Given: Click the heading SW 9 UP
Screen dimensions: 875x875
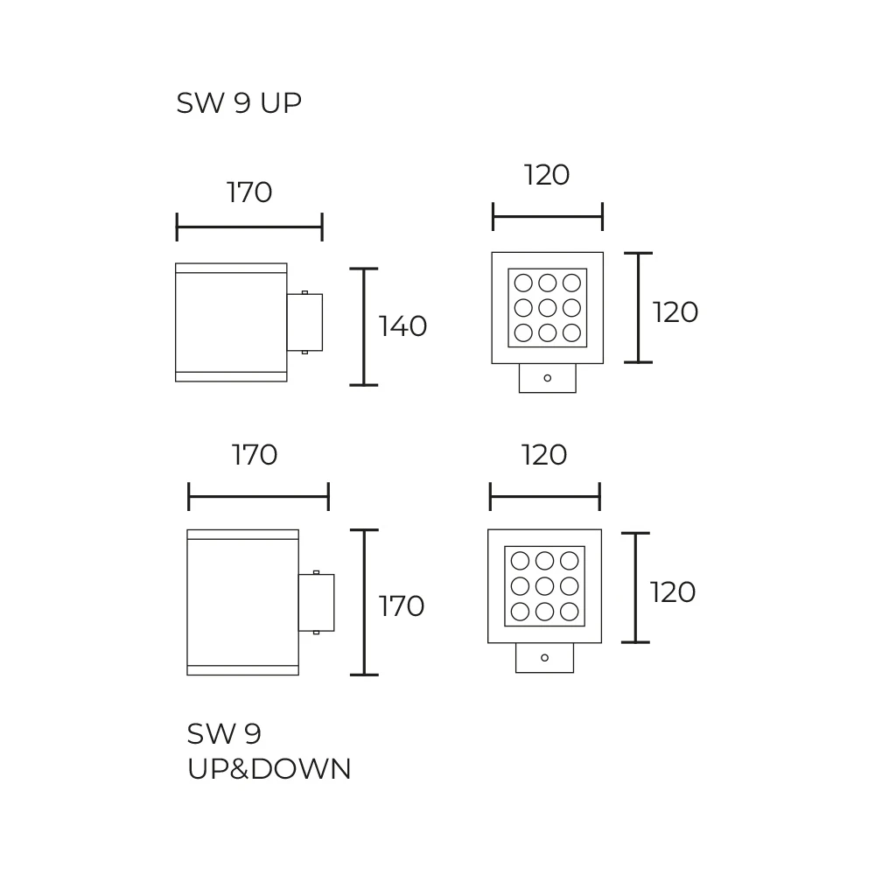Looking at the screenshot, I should click(x=239, y=103).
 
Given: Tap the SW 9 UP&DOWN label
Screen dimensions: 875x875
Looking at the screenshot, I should click(x=269, y=751).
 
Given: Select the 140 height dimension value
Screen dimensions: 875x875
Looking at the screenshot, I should click(x=402, y=326).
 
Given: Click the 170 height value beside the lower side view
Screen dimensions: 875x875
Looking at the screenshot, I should click(x=401, y=605).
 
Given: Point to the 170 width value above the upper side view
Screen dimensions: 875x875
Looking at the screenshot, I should click(x=249, y=192).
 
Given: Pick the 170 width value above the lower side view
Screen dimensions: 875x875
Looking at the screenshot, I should click(x=255, y=455).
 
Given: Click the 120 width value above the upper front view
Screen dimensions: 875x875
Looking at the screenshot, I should click(x=547, y=175).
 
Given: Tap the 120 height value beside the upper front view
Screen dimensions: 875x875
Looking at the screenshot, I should click(x=675, y=312).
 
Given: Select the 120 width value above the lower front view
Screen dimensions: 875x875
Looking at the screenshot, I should click(x=544, y=455).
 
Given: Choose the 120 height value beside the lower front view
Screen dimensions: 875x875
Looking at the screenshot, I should click(x=673, y=592).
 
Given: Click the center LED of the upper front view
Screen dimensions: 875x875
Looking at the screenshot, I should click(x=548, y=308).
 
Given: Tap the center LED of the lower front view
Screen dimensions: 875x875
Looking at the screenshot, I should click(x=544, y=585).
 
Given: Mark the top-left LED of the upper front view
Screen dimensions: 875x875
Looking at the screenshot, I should click(x=523, y=283).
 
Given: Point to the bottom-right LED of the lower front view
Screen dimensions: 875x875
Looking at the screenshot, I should click(x=569, y=611).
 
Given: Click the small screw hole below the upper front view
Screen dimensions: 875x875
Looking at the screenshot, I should click(x=548, y=378).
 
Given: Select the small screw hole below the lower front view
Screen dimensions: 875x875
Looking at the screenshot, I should click(x=544, y=657).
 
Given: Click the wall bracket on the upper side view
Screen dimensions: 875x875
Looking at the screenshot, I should click(x=304, y=322).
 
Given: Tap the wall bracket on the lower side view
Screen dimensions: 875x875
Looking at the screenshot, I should click(x=316, y=602).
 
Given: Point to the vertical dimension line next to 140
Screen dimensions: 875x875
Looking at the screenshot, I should click(x=363, y=326).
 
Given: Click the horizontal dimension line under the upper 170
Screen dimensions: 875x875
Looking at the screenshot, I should click(x=249, y=227).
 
